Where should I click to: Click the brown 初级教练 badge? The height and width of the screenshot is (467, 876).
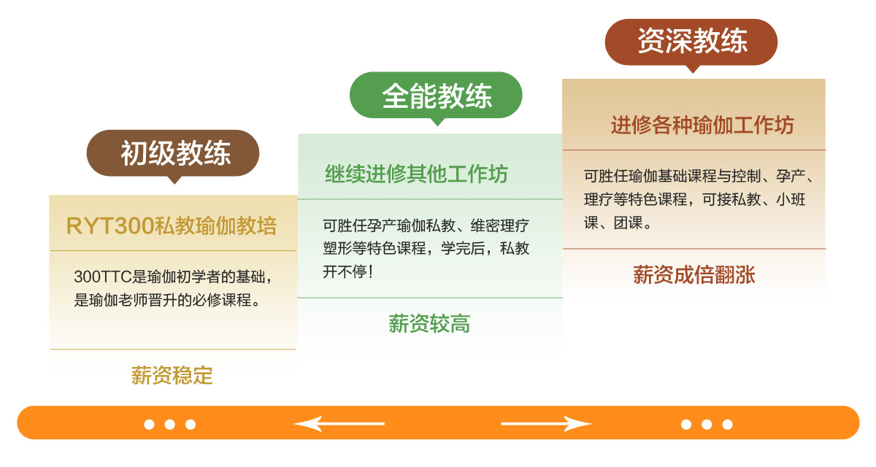(x=173, y=153)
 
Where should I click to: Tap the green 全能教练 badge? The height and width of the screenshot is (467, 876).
(x=436, y=95)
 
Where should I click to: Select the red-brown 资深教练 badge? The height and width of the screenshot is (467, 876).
(x=691, y=42)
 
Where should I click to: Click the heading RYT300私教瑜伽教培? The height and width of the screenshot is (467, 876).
(x=172, y=226)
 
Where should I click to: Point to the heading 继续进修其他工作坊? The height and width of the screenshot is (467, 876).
(x=417, y=174)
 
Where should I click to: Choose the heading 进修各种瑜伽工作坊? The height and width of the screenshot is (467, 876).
(x=702, y=126)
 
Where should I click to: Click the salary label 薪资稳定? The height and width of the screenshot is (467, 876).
(x=172, y=375)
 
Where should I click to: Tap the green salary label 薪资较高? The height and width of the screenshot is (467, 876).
(x=429, y=323)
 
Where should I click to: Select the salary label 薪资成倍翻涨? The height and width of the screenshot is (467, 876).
(x=694, y=274)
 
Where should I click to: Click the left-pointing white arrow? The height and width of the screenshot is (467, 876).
(x=339, y=423)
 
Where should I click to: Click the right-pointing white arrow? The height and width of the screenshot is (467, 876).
(x=546, y=423)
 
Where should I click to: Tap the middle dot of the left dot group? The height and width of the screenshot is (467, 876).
(x=169, y=425)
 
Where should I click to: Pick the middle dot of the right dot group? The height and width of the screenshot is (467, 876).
(x=707, y=425)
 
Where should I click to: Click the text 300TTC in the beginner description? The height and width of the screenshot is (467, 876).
(x=102, y=277)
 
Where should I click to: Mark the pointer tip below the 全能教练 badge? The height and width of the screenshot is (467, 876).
(x=437, y=126)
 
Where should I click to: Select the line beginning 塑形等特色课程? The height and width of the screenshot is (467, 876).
(x=426, y=248)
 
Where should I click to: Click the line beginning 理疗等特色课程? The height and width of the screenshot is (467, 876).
(x=694, y=199)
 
